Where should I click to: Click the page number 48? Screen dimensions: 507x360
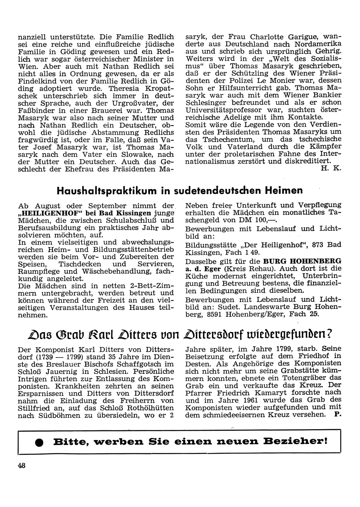pos(22,465)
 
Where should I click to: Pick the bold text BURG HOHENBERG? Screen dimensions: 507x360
pos(302,260)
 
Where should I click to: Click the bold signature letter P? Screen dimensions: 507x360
pos(337,414)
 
